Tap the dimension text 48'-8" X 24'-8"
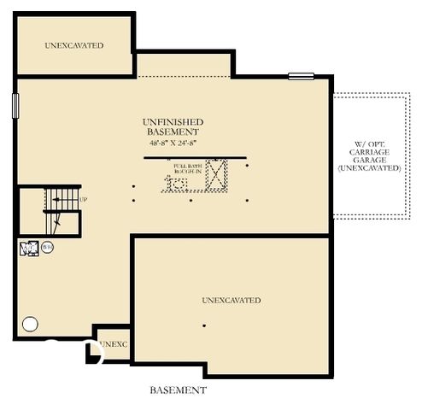[173, 143]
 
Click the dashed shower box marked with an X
[217, 174]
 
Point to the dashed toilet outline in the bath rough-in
[181, 184]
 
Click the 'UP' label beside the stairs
[84, 200]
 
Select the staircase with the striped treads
[62, 210]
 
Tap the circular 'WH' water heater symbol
[47, 248]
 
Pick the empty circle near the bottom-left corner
[30, 324]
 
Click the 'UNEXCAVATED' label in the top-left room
[74, 44]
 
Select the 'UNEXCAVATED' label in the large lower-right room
[232, 301]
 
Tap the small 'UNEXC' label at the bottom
[113, 344]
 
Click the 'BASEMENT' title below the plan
[178, 390]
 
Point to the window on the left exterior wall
[15, 105]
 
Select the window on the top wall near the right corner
[301, 77]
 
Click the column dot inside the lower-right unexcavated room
[203, 325]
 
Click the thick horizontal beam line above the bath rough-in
[194, 157]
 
